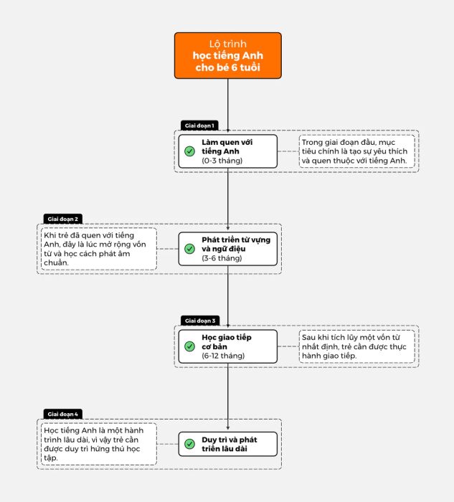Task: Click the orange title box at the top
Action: pyautogui.click(x=228, y=55)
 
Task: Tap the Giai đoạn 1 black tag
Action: pyautogui.click(x=199, y=126)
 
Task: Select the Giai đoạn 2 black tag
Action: pyautogui.click(x=62, y=219)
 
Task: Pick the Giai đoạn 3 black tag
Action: pyautogui.click(x=200, y=321)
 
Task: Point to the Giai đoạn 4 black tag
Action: pyautogui.click(x=62, y=414)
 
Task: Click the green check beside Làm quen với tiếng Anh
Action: pyautogui.click(x=189, y=151)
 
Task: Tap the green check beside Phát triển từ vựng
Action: pyautogui.click(x=189, y=249)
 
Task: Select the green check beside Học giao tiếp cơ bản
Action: pyautogui.click(x=189, y=346)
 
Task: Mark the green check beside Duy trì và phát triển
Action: pyautogui.click(x=189, y=444)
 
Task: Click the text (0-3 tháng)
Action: pyautogui.click(x=222, y=161)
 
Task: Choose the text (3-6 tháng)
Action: pyautogui.click(x=222, y=258)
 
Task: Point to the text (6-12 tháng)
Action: pyautogui.click(x=223, y=356)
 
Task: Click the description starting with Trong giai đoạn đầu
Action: pyautogui.click(x=354, y=151)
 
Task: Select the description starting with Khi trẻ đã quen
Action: pyautogui.click(x=95, y=249)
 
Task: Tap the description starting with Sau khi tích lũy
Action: pyautogui.click(x=354, y=346)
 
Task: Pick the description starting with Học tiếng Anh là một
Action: pyautogui.click(x=93, y=444)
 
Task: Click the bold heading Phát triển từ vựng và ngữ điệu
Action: pyautogui.click(x=236, y=245)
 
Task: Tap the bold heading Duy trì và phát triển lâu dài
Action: pyautogui.click(x=230, y=444)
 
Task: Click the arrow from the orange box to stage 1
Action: pyautogui.click(x=228, y=105)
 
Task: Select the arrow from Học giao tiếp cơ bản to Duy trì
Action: pyautogui.click(x=228, y=397)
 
